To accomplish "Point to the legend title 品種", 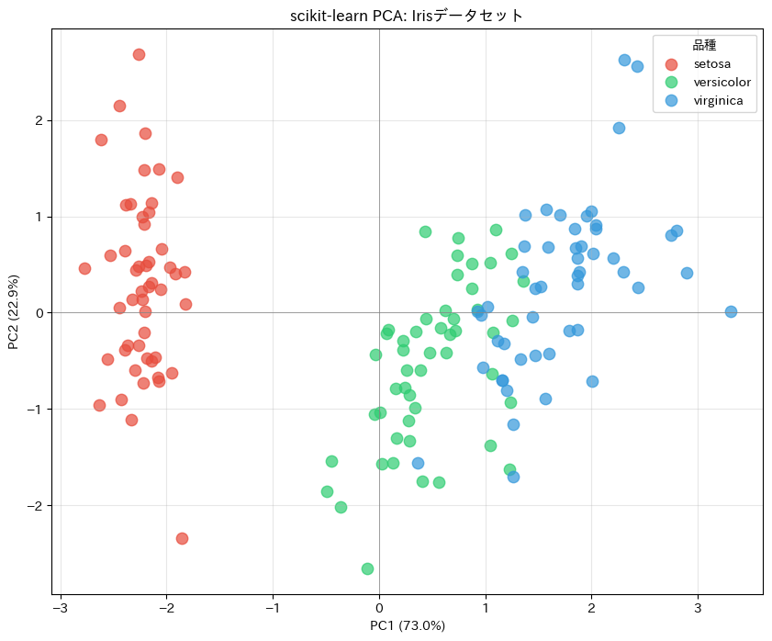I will click(704, 45).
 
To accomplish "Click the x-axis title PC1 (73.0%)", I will click(407, 626).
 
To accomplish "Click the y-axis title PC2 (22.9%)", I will click(14, 312).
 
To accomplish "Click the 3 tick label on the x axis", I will click(698, 608).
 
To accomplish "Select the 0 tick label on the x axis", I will click(379, 608).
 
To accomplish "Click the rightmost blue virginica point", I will click(731, 311).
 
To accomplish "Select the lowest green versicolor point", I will click(367, 568).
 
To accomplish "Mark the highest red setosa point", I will click(139, 54).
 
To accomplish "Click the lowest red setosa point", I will click(182, 538).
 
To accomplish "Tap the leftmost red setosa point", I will click(84, 268).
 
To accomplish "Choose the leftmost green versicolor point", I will click(327, 491).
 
